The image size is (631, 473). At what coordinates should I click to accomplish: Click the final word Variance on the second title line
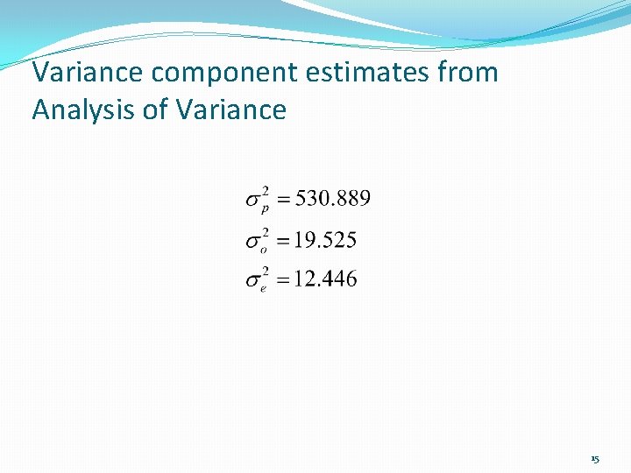tap(231, 109)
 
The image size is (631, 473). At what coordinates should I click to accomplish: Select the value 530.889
tap(333, 199)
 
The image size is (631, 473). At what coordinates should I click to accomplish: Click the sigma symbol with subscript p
tap(252, 201)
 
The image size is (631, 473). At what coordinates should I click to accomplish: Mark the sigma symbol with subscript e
tap(252, 281)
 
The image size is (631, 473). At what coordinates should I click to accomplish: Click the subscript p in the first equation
tap(266, 208)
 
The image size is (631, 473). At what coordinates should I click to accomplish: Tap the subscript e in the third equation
tap(265, 287)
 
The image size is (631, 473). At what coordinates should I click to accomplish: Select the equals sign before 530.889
tap(282, 201)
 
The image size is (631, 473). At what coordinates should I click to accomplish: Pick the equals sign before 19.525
tap(282, 241)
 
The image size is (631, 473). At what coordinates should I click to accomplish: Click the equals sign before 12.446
tap(282, 281)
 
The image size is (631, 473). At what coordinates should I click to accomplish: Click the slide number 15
tap(595, 459)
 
